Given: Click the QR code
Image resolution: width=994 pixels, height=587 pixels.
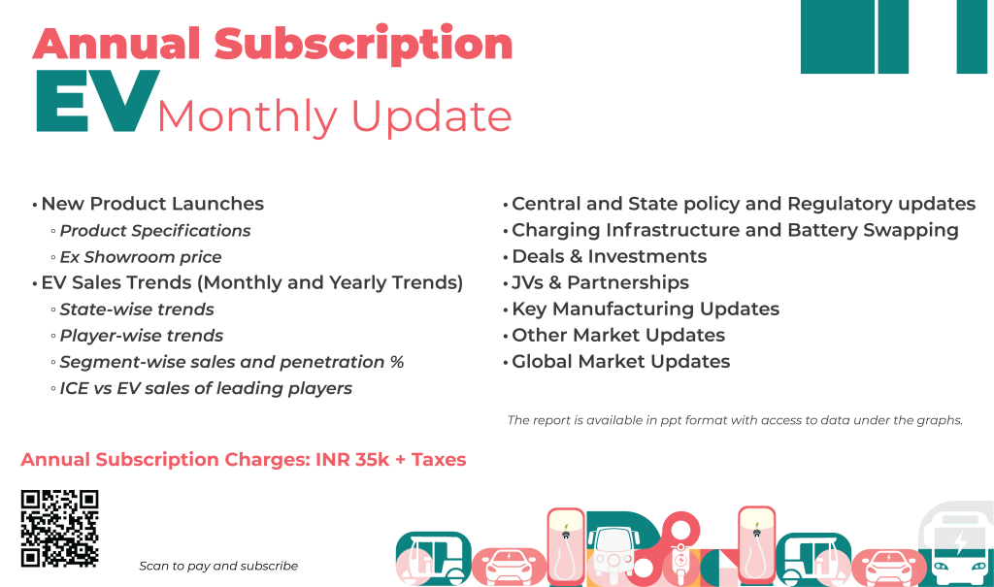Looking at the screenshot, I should (59, 528).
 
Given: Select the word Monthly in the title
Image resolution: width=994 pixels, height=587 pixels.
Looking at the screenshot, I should (247, 116).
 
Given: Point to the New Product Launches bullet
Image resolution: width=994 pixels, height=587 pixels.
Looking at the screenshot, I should (152, 204).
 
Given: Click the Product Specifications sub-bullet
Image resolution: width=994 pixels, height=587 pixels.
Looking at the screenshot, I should (155, 231).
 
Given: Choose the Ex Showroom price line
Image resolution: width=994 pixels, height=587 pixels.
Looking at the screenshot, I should (141, 257).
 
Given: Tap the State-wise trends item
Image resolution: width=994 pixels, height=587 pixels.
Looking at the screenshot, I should (137, 310).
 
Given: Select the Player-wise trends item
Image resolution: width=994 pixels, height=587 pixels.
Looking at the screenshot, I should (142, 336).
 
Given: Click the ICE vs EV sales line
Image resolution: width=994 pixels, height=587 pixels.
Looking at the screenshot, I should (206, 388).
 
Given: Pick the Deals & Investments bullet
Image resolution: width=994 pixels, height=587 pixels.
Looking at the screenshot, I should (609, 256).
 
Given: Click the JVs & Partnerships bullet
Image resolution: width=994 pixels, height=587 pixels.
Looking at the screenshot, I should (600, 282).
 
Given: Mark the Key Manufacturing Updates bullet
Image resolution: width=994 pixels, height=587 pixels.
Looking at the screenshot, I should (646, 309).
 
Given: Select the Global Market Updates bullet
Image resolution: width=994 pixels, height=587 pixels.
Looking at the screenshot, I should (620, 361).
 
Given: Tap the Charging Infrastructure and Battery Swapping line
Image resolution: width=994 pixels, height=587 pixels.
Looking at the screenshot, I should (735, 230).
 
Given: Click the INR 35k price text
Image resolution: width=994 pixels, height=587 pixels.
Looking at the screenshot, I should (352, 460).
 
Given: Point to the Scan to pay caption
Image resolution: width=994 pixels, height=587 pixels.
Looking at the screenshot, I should (218, 566).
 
